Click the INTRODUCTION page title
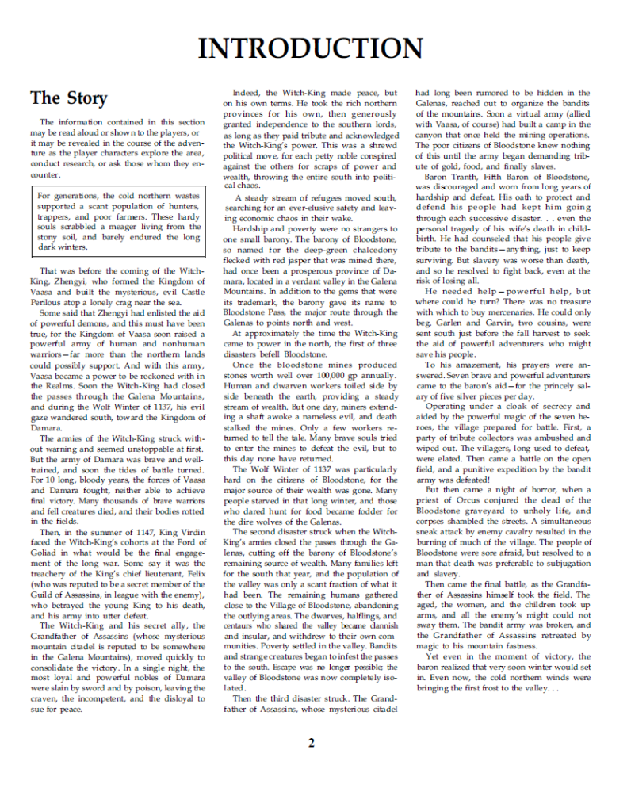tap(310, 48)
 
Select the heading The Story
tap(68, 98)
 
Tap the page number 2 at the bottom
tap(312, 743)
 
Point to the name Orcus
tap(471, 500)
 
